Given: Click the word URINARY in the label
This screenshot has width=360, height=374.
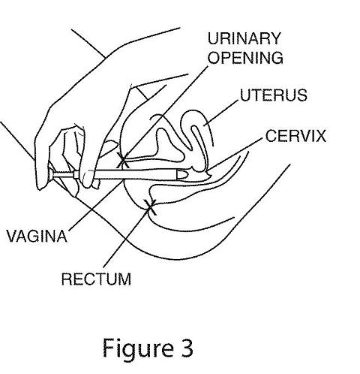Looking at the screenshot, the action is [244, 38].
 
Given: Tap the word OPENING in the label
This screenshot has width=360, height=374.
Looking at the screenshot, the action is [245, 58].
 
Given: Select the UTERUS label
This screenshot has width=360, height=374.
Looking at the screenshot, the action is [274, 95].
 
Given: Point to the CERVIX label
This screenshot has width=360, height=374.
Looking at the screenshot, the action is [295, 136].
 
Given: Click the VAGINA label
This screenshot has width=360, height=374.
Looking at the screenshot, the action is [37, 236].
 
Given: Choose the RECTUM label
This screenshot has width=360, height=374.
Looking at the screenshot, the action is [96, 279].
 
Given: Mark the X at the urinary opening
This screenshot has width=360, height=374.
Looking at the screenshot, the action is [123, 160].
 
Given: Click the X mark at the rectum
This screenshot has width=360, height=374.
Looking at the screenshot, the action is [150, 207].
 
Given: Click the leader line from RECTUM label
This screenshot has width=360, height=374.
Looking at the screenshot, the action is [127, 237].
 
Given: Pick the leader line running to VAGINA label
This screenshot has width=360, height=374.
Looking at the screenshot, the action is [96, 206].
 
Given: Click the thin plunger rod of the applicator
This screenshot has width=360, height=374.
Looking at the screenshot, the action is [64, 174].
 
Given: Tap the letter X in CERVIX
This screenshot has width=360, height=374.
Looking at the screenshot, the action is [320, 136].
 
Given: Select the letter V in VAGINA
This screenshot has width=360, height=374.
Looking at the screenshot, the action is [12, 236].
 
